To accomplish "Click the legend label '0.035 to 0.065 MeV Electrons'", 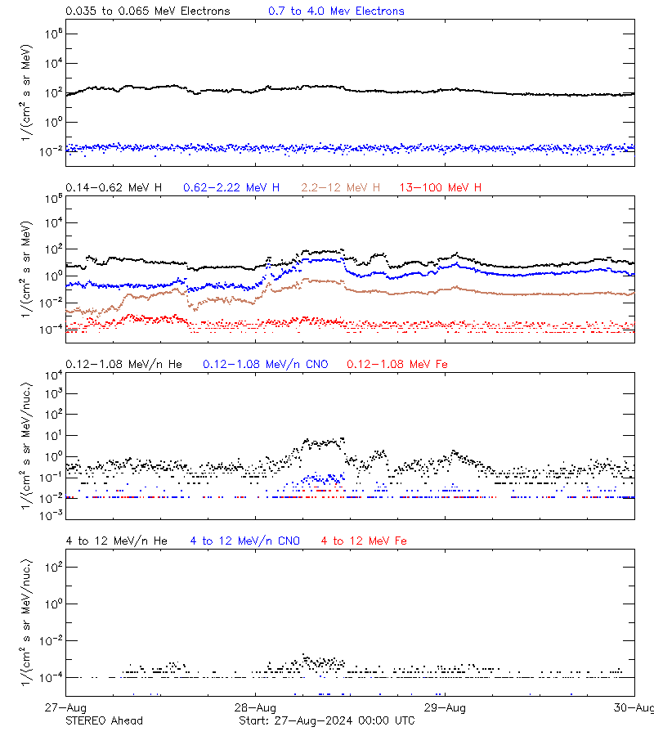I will coord(148,11).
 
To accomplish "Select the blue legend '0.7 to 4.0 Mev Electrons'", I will coord(336,11).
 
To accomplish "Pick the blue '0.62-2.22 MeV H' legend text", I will coord(231,188).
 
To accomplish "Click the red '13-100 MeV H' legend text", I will coord(441,188).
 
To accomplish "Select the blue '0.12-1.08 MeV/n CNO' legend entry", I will coord(266,364).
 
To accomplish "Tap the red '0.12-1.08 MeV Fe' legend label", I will coord(397,364).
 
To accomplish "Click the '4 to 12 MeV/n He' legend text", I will coord(117,541).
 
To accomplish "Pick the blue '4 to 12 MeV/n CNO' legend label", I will coord(245,541).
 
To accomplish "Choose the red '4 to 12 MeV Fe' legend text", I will coord(364,541).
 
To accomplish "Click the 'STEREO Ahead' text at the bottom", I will coord(104,720).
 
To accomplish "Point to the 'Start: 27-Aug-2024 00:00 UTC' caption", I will coord(327,720).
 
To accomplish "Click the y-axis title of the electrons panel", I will coord(29,92).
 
